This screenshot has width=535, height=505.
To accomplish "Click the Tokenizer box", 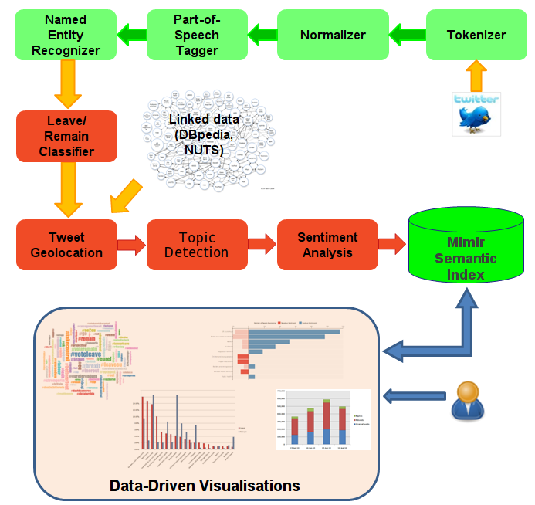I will [x=476, y=35].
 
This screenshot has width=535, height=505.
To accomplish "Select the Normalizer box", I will [x=333, y=35].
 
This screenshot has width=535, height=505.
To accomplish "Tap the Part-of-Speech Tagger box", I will [x=197, y=35].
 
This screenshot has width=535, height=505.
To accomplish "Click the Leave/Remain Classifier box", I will [x=66, y=136].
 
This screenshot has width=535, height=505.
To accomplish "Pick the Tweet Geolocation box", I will [x=66, y=245].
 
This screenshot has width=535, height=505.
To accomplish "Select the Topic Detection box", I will [x=197, y=245].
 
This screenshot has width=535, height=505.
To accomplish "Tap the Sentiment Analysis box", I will [x=327, y=245].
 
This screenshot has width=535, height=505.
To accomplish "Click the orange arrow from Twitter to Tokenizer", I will [x=476, y=75].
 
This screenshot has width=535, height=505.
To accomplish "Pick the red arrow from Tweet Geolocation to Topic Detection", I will [x=132, y=245].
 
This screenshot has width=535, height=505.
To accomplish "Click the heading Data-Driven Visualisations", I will [x=205, y=486].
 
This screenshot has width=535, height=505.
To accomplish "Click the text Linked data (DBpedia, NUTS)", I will [x=205, y=135].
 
